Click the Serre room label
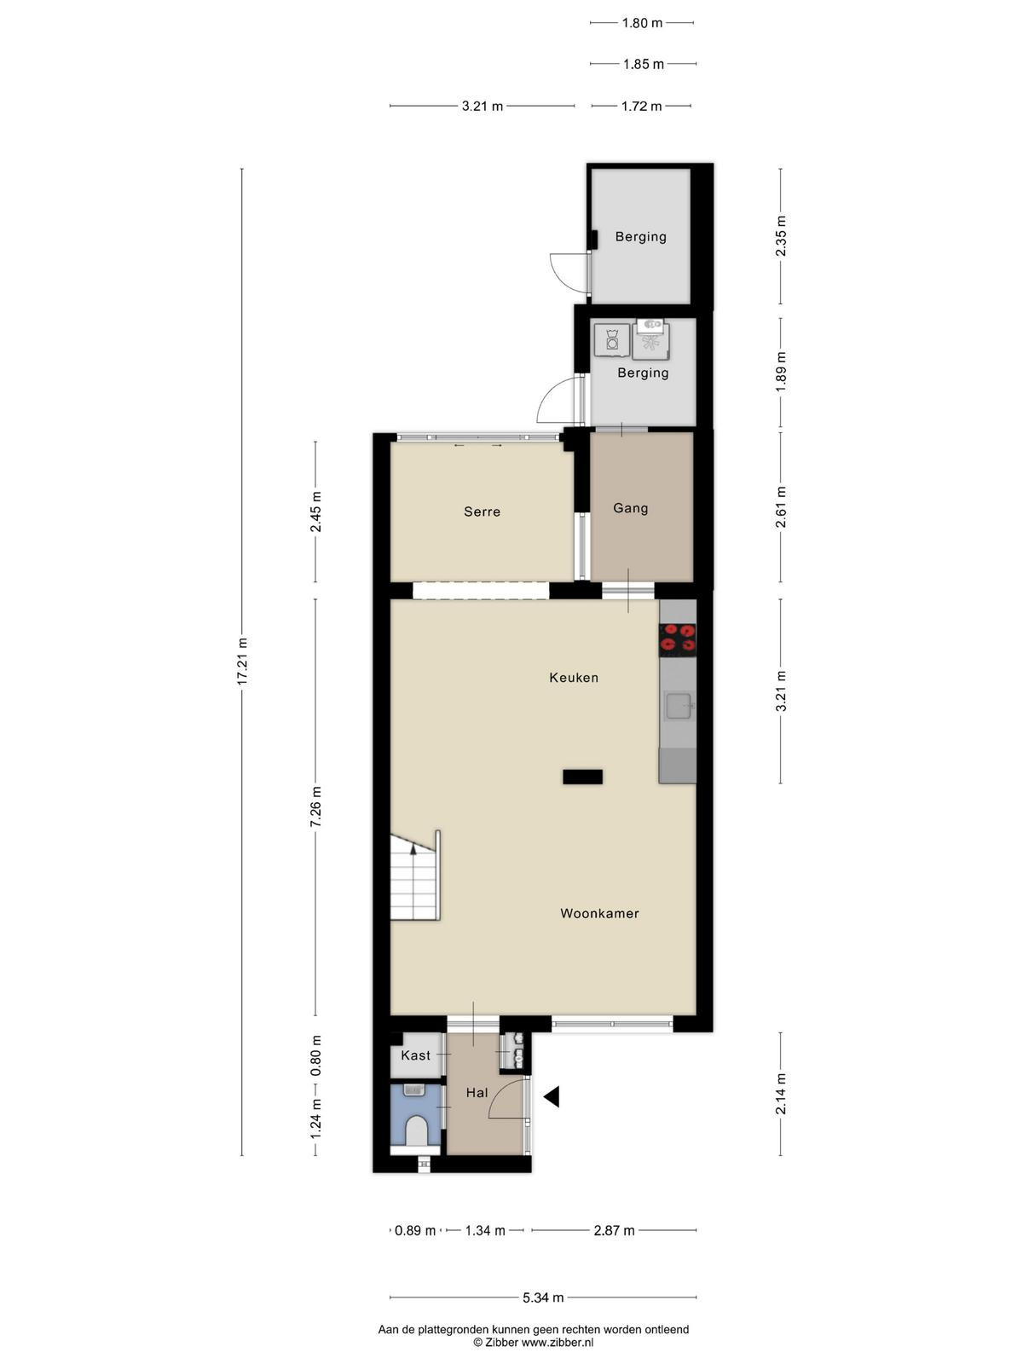coord(482,511)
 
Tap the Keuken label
coord(573,678)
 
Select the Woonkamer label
coord(599,913)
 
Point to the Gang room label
coord(631,508)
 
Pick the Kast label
coord(415,1055)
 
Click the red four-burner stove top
coord(677,640)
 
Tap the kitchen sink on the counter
coord(679,706)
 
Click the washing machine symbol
coord(612,340)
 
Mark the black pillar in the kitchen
coord(582,776)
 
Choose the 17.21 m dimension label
coord(242,662)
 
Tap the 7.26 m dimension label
coord(315,806)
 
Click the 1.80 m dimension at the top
coord(642,23)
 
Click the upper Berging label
coord(641,237)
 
